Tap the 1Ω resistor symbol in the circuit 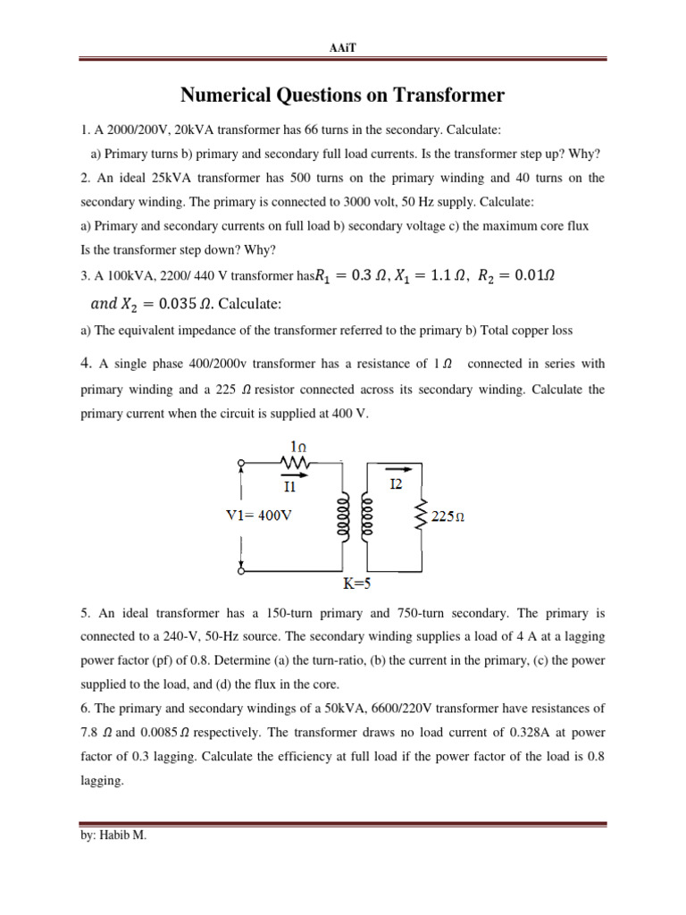tap(296, 463)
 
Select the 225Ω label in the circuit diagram tap(450, 516)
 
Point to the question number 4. tap(86, 362)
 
